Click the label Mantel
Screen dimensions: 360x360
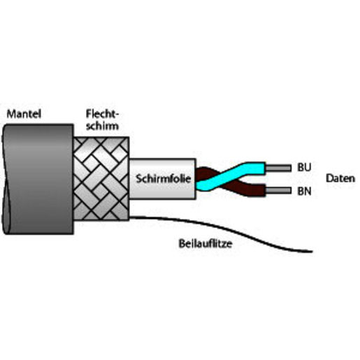click(x=24, y=114)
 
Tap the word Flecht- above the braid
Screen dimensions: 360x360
click(x=103, y=114)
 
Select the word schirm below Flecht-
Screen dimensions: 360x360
click(x=103, y=126)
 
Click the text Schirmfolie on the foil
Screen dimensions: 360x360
click(x=164, y=179)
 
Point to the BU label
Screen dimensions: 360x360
click(x=304, y=167)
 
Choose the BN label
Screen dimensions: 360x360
click(x=304, y=191)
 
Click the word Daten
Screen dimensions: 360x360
click(x=340, y=178)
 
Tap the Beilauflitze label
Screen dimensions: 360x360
click(x=206, y=244)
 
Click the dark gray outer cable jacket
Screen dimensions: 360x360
click(x=38, y=179)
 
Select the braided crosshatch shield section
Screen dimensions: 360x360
click(x=101, y=178)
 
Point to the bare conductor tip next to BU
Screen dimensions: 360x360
click(x=278, y=168)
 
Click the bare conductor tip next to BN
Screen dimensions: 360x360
click(x=278, y=191)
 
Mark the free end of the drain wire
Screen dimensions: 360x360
click(x=312, y=252)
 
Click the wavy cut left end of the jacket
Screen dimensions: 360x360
click(x=5, y=179)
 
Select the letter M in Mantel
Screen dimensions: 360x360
click(x=10, y=114)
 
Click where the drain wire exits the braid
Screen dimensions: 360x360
click(x=130, y=217)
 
